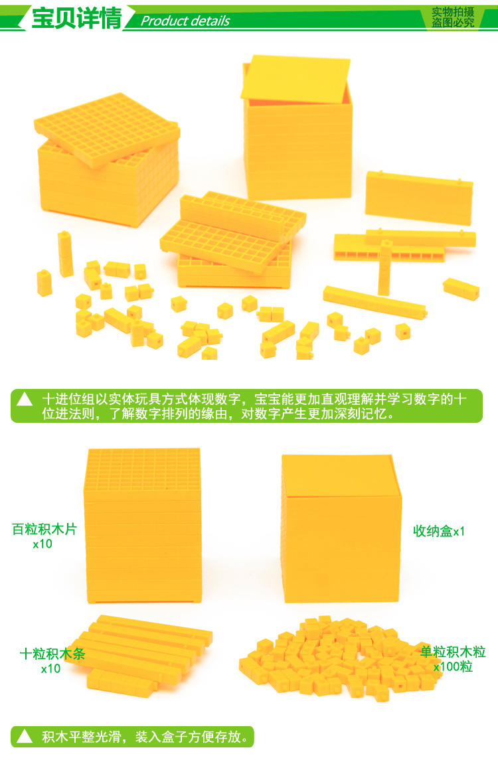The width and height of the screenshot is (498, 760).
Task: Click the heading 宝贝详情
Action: (x=76, y=19)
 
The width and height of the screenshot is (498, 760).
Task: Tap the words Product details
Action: (x=185, y=21)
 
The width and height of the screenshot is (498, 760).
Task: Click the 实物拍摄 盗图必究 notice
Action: (x=452, y=17)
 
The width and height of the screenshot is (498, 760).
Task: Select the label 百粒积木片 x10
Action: (x=44, y=536)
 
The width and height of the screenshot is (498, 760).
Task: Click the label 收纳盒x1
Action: (x=439, y=531)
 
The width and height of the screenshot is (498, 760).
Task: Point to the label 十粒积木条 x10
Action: (x=52, y=661)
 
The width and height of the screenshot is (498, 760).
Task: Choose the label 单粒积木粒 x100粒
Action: (x=453, y=659)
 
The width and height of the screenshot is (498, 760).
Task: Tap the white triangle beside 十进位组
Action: (x=25, y=399)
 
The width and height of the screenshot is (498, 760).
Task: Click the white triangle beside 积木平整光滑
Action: (x=25, y=737)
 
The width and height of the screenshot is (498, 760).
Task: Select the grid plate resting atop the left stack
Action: (x=107, y=129)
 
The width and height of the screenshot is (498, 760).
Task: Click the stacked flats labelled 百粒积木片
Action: (x=143, y=526)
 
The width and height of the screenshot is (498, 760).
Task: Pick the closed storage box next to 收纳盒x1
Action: (x=341, y=528)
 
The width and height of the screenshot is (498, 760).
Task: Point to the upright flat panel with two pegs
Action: (x=418, y=198)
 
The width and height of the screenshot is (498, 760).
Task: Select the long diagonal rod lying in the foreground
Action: (x=375, y=302)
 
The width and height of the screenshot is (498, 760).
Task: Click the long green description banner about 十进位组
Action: (x=247, y=406)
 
